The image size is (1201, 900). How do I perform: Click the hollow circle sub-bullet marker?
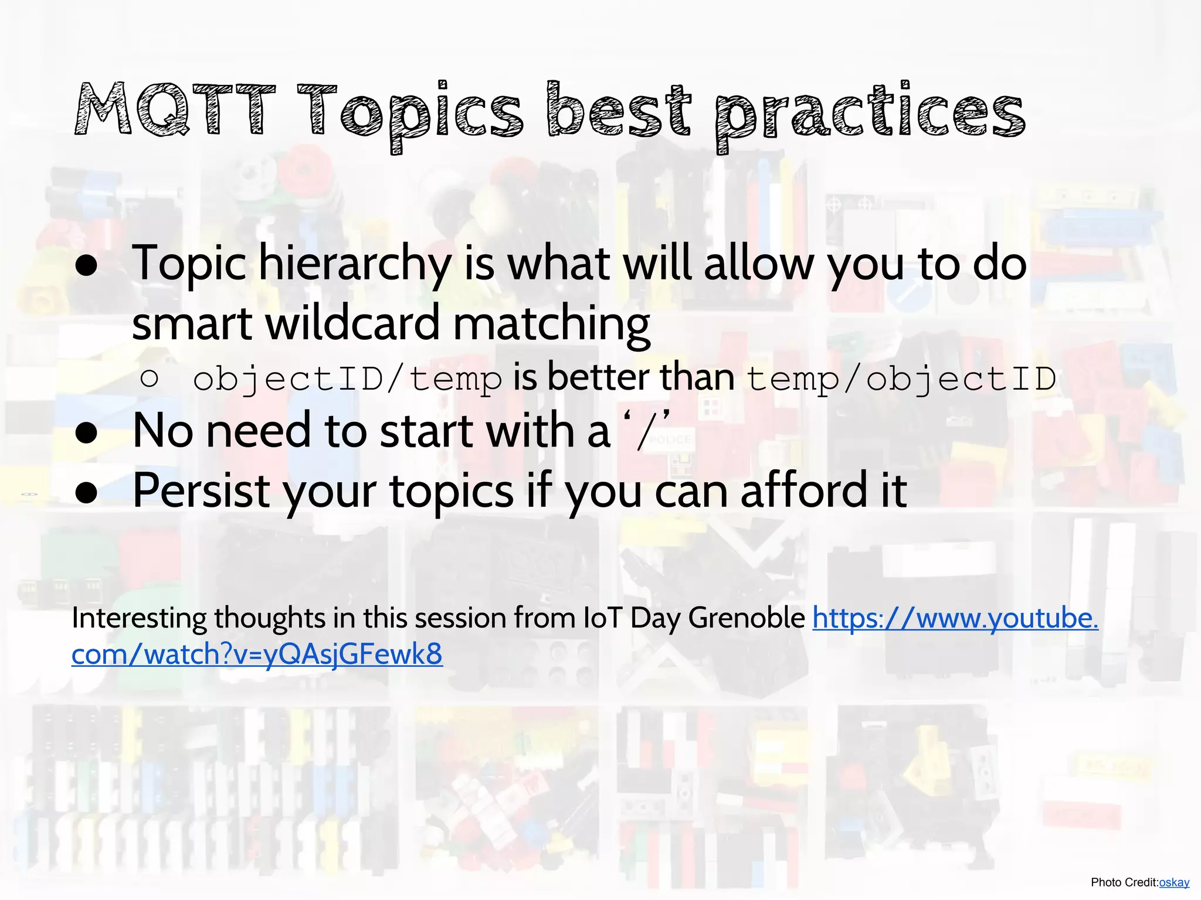tap(150, 379)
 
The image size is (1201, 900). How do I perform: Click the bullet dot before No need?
tap(87, 434)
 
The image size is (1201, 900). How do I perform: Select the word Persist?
tap(201, 491)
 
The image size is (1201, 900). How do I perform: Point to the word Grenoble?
tap(747, 618)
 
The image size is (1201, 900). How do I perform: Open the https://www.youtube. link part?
tap(955, 618)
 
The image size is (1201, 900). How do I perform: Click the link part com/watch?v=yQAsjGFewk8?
tap(257, 654)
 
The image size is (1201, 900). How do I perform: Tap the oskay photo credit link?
tap(1174, 882)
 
